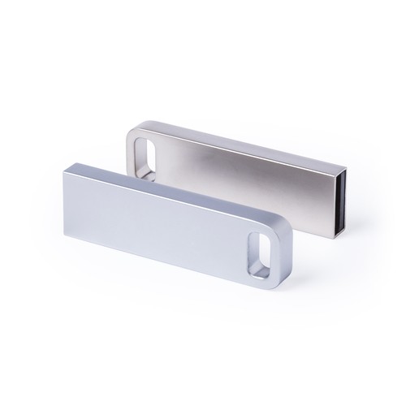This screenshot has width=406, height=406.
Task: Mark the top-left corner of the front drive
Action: point(62,163)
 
